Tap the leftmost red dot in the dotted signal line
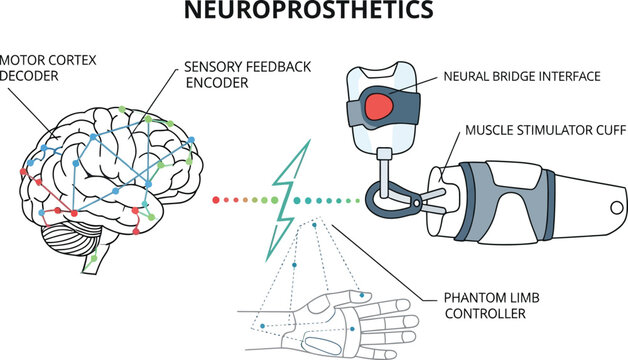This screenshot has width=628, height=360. point(216,200)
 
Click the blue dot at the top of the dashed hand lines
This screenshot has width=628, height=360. point(314,226)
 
